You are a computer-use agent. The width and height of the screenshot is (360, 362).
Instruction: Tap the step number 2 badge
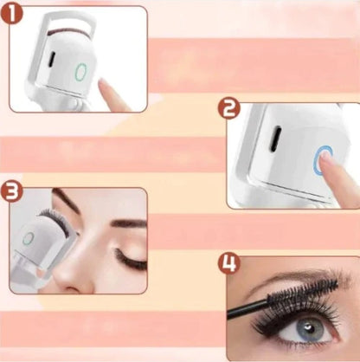[228, 108]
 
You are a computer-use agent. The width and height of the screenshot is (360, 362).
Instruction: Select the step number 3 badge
[11, 191]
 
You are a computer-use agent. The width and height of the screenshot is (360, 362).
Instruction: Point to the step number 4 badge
[228, 264]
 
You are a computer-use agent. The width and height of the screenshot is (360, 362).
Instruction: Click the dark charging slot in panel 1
[52, 59]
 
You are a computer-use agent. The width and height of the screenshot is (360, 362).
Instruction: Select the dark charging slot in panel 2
[275, 139]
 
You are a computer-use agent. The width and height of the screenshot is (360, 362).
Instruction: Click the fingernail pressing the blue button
[326, 154]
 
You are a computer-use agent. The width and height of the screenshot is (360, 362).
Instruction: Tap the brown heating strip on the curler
[69, 30]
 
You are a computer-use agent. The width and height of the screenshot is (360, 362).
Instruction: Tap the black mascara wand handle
[247, 308]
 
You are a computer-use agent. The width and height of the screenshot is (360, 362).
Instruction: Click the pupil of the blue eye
[310, 329]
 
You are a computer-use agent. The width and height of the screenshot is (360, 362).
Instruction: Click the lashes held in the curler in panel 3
[55, 219]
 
